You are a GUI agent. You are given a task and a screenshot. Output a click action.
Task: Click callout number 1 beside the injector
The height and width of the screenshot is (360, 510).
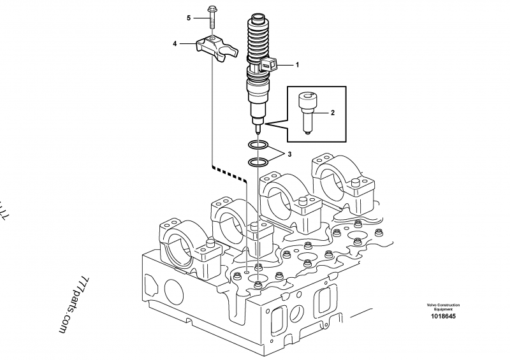296,65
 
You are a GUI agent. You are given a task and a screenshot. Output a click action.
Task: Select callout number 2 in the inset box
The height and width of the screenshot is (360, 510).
331,113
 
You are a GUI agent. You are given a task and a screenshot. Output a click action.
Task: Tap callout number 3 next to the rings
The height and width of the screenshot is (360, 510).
289,154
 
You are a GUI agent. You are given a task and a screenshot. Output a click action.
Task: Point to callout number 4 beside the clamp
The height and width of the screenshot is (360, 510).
174,44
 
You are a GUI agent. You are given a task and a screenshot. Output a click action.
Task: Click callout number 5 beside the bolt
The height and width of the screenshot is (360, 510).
189,18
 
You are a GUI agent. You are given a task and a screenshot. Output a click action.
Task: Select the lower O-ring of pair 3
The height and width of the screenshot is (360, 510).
257,163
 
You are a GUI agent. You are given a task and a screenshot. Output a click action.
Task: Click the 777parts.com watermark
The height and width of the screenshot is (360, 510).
71,300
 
